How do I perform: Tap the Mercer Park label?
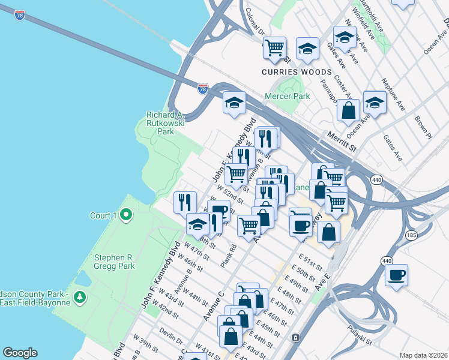288,96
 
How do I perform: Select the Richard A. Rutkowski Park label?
165,123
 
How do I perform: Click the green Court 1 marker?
126,215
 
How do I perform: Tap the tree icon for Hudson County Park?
80,297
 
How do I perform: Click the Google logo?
20,353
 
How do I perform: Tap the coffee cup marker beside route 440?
396,275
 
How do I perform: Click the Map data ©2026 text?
423,355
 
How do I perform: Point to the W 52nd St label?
231,194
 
